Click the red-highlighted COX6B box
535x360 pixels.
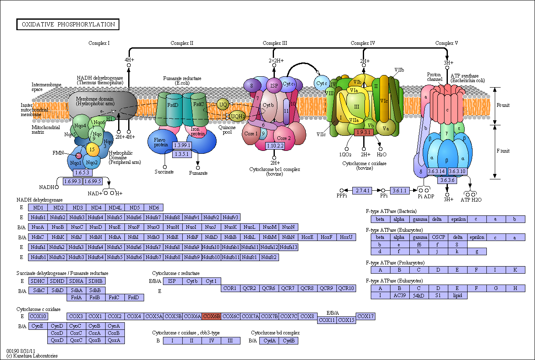coord(212,316)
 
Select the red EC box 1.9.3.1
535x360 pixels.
coord(364,132)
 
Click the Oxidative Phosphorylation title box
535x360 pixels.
coord(68,24)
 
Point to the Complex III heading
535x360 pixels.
coord(275,43)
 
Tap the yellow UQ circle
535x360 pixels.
coord(223,104)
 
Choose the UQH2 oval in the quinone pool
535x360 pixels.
coord(238,117)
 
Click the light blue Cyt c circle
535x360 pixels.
coord(321,83)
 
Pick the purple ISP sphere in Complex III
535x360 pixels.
coord(274,85)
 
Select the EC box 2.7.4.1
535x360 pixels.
coord(362,190)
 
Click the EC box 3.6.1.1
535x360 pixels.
coord(400,190)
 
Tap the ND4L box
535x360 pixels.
coord(115,207)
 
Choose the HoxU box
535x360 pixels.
coord(346,237)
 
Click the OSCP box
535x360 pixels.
coord(439,237)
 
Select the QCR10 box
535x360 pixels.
coord(346,288)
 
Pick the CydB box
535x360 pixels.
coord(288,341)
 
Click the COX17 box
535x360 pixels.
coord(365,316)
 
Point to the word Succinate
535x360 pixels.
coord(164,172)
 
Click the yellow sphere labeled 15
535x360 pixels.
coord(92,149)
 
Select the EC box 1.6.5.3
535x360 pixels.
coord(82,173)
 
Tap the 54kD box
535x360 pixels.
coord(419,295)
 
